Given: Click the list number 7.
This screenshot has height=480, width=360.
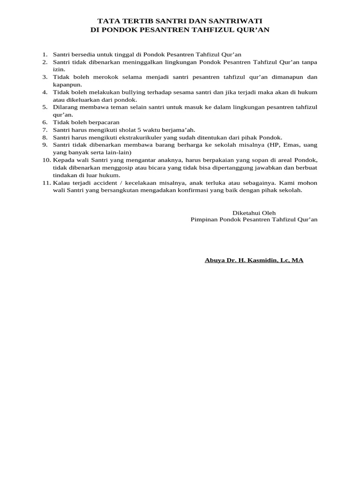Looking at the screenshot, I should pyautogui.click(x=45, y=130).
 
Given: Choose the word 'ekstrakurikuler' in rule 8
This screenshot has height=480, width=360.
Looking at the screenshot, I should pyautogui.click(x=135, y=137).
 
